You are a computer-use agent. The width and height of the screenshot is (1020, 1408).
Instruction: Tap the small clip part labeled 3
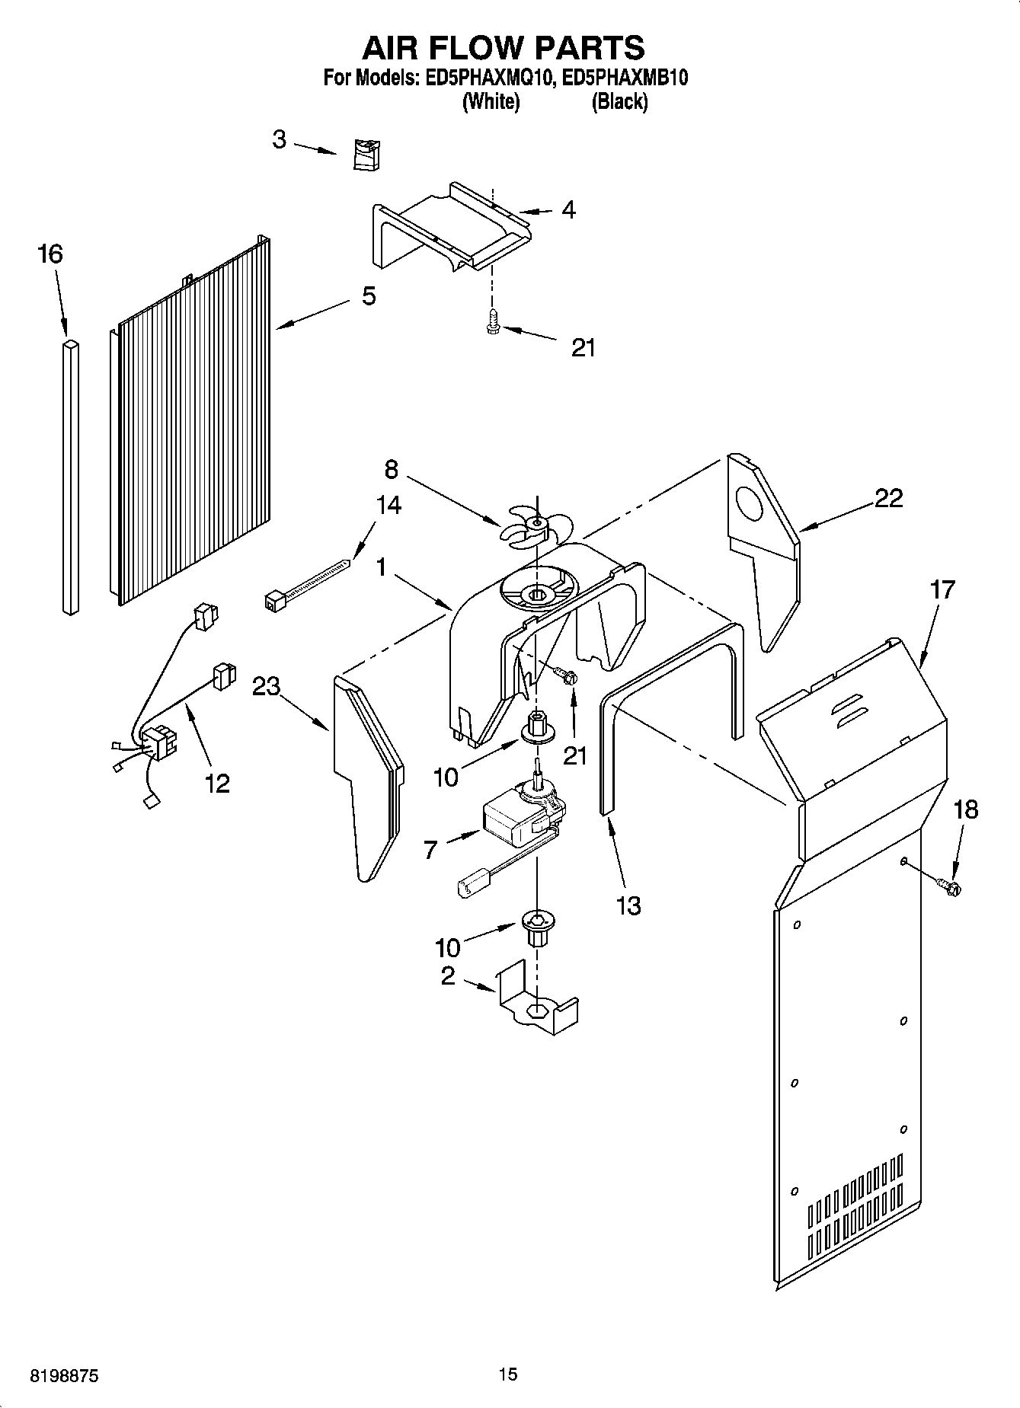(x=368, y=155)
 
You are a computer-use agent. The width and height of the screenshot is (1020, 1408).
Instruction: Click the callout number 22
(x=888, y=498)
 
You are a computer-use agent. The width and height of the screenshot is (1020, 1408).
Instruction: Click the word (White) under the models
(x=491, y=101)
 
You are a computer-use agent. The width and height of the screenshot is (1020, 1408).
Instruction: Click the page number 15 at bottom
(x=507, y=1374)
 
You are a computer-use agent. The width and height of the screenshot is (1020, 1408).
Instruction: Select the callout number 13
(x=628, y=905)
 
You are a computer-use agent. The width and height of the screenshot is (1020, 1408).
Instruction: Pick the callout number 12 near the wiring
(x=217, y=782)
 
